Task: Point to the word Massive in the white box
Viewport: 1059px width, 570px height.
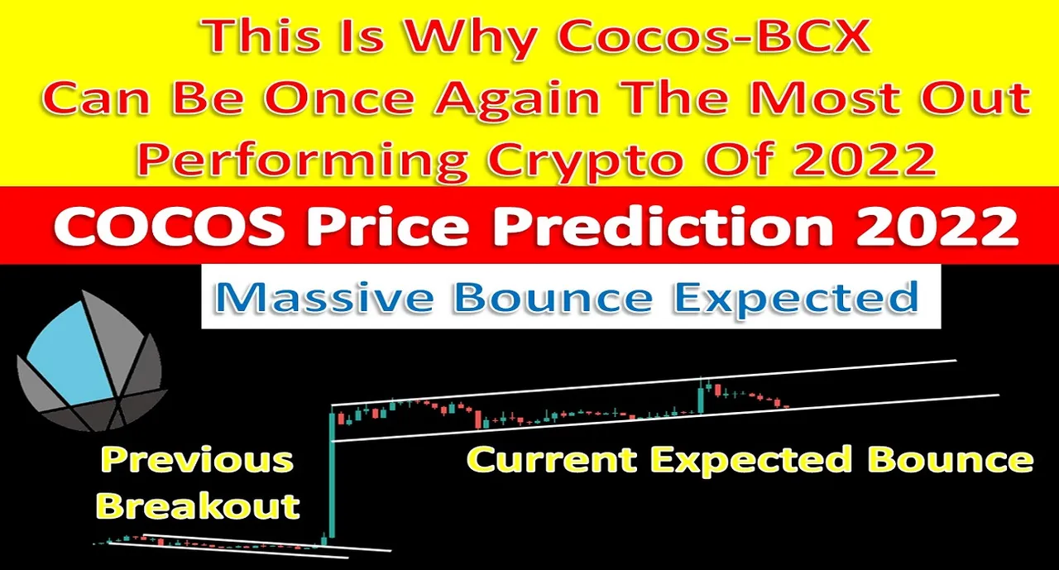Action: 323,297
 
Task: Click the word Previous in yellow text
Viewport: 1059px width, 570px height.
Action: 197,460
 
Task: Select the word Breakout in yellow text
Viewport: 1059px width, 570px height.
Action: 198,505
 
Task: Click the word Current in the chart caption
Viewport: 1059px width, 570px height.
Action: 551,459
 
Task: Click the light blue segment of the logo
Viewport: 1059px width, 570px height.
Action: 74,357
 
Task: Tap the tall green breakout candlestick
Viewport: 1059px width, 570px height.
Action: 332,475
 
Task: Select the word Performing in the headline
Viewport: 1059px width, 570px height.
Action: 303,160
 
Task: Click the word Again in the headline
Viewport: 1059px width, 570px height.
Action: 518,99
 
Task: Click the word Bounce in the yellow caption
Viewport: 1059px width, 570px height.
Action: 951,459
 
